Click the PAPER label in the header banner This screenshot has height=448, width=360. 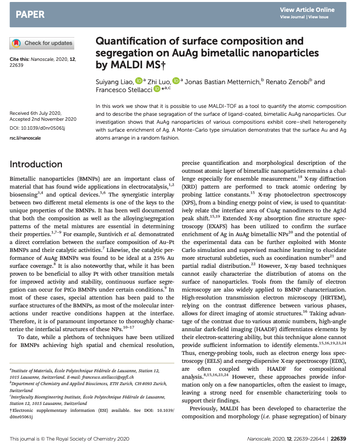coord(30,13)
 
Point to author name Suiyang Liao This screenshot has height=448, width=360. coord(114,81)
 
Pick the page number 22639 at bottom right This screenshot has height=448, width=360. coord(341,439)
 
